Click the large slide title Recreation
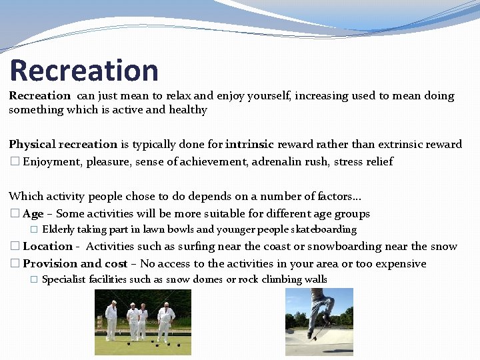coord(84,71)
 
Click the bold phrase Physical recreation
coord(63,145)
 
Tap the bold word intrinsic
coord(249,145)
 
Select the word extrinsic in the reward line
coord(404,145)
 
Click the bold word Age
coord(33,214)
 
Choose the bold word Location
coord(47,247)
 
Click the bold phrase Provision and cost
coord(75,264)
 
